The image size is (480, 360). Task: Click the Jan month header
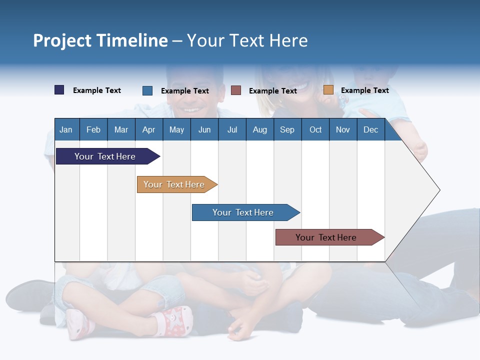pos(66,130)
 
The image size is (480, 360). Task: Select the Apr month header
pos(148,130)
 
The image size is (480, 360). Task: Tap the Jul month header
pos(232,130)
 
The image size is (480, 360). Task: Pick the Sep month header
pos(287,130)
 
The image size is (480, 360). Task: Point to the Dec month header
pos(370,130)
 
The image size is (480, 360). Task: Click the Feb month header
pos(93,130)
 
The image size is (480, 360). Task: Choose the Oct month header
pos(315,130)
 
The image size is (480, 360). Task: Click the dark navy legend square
pos(59,90)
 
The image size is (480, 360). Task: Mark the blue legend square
pos(147,90)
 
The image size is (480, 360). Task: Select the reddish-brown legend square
pos(236,90)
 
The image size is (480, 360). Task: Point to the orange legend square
pos(328,90)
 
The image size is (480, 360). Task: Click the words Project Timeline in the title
pos(100,40)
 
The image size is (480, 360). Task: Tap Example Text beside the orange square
pos(364,90)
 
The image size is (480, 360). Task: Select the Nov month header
pos(343,130)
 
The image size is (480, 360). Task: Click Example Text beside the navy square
pos(97,90)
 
